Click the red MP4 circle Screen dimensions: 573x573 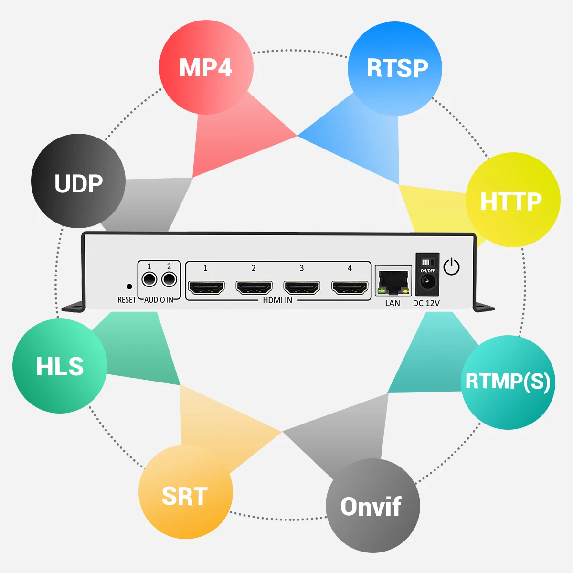(x=206, y=67)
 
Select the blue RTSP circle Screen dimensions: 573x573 (x=395, y=68)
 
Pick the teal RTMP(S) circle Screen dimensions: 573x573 (x=508, y=382)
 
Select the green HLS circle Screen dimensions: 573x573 (x=60, y=366)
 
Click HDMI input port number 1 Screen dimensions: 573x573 (x=206, y=287)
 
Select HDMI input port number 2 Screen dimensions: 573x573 (x=254, y=287)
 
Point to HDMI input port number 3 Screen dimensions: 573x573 (x=302, y=287)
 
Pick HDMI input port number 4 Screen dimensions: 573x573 (x=350, y=287)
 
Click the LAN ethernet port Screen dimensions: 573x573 (x=393, y=282)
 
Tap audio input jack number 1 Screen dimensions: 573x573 (x=149, y=279)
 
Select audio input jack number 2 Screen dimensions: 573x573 (x=169, y=279)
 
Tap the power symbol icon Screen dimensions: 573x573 (x=451, y=267)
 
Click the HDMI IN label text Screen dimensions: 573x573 (x=277, y=300)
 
